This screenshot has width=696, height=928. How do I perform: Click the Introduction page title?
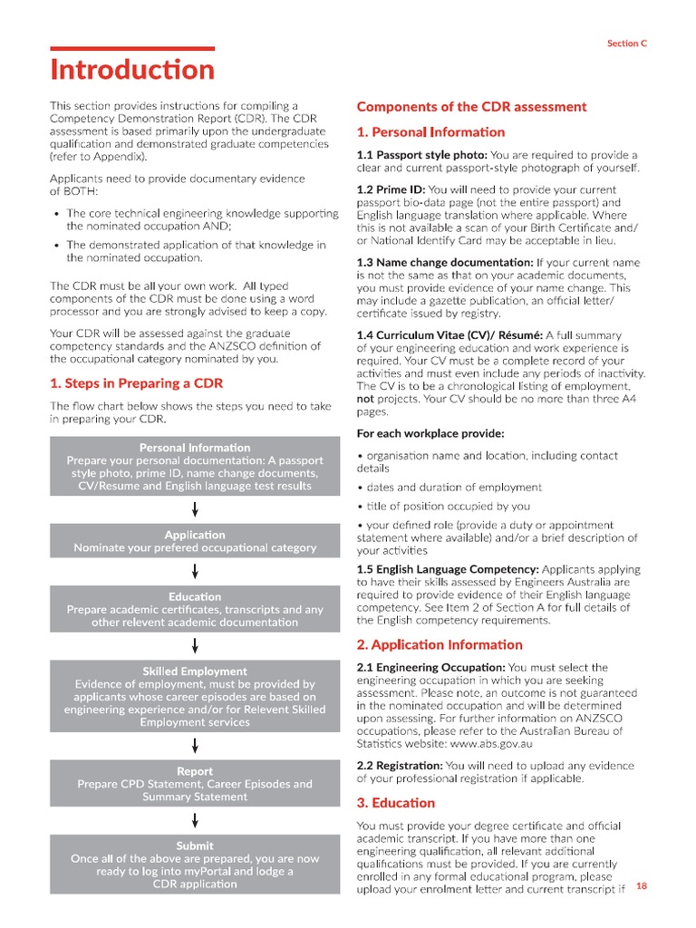coord(132,70)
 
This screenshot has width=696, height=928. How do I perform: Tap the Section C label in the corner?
coord(626,43)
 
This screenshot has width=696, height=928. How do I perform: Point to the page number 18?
coord(642,885)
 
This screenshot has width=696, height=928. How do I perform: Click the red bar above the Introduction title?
coord(132,48)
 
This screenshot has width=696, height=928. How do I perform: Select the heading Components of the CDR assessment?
coord(471,107)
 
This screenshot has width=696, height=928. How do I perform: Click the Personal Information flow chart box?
coord(195,467)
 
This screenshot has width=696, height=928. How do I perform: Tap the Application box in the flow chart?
coord(195,541)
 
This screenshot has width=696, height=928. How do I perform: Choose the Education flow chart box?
coord(195,609)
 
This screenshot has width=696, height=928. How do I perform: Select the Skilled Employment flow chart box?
coord(195,696)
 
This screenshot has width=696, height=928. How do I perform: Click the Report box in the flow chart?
coord(195,784)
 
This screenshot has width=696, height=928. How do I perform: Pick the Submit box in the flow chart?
coord(195,865)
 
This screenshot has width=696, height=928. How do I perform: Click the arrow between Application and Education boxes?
coord(195,570)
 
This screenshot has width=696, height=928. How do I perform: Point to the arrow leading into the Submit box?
coord(195,820)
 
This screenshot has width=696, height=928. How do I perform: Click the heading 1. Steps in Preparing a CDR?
coord(136,383)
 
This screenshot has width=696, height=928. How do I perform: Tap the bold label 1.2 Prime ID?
coord(391,190)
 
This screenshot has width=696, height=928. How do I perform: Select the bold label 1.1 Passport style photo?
coord(421,155)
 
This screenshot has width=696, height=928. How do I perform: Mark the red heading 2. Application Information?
coord(440,645)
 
